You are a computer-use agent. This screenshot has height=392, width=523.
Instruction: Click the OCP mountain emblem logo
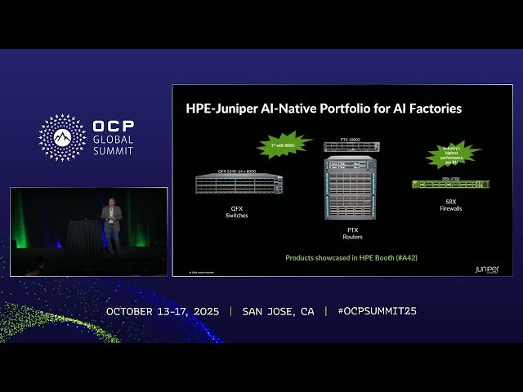click(x=62, y=137)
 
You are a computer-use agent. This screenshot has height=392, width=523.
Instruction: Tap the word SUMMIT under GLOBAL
click(x=114, y=150)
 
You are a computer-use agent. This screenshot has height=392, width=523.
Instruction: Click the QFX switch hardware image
click(x=239, y=184)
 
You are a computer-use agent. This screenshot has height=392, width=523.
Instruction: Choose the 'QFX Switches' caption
click(x=236, y=212)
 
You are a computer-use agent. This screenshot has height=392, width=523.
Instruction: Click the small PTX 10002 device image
click(x=351, y=146)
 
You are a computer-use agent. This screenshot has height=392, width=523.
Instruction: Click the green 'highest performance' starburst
click(x=454, y=154)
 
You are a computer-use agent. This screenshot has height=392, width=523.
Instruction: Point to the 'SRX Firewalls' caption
click(x=451, y=205)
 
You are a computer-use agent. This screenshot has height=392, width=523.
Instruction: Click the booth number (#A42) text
click(x=405, y=258)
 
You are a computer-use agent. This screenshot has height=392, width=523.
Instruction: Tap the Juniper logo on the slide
click(x=486, y=269)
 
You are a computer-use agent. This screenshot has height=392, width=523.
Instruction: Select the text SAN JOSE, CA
click(x=278, y=311)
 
